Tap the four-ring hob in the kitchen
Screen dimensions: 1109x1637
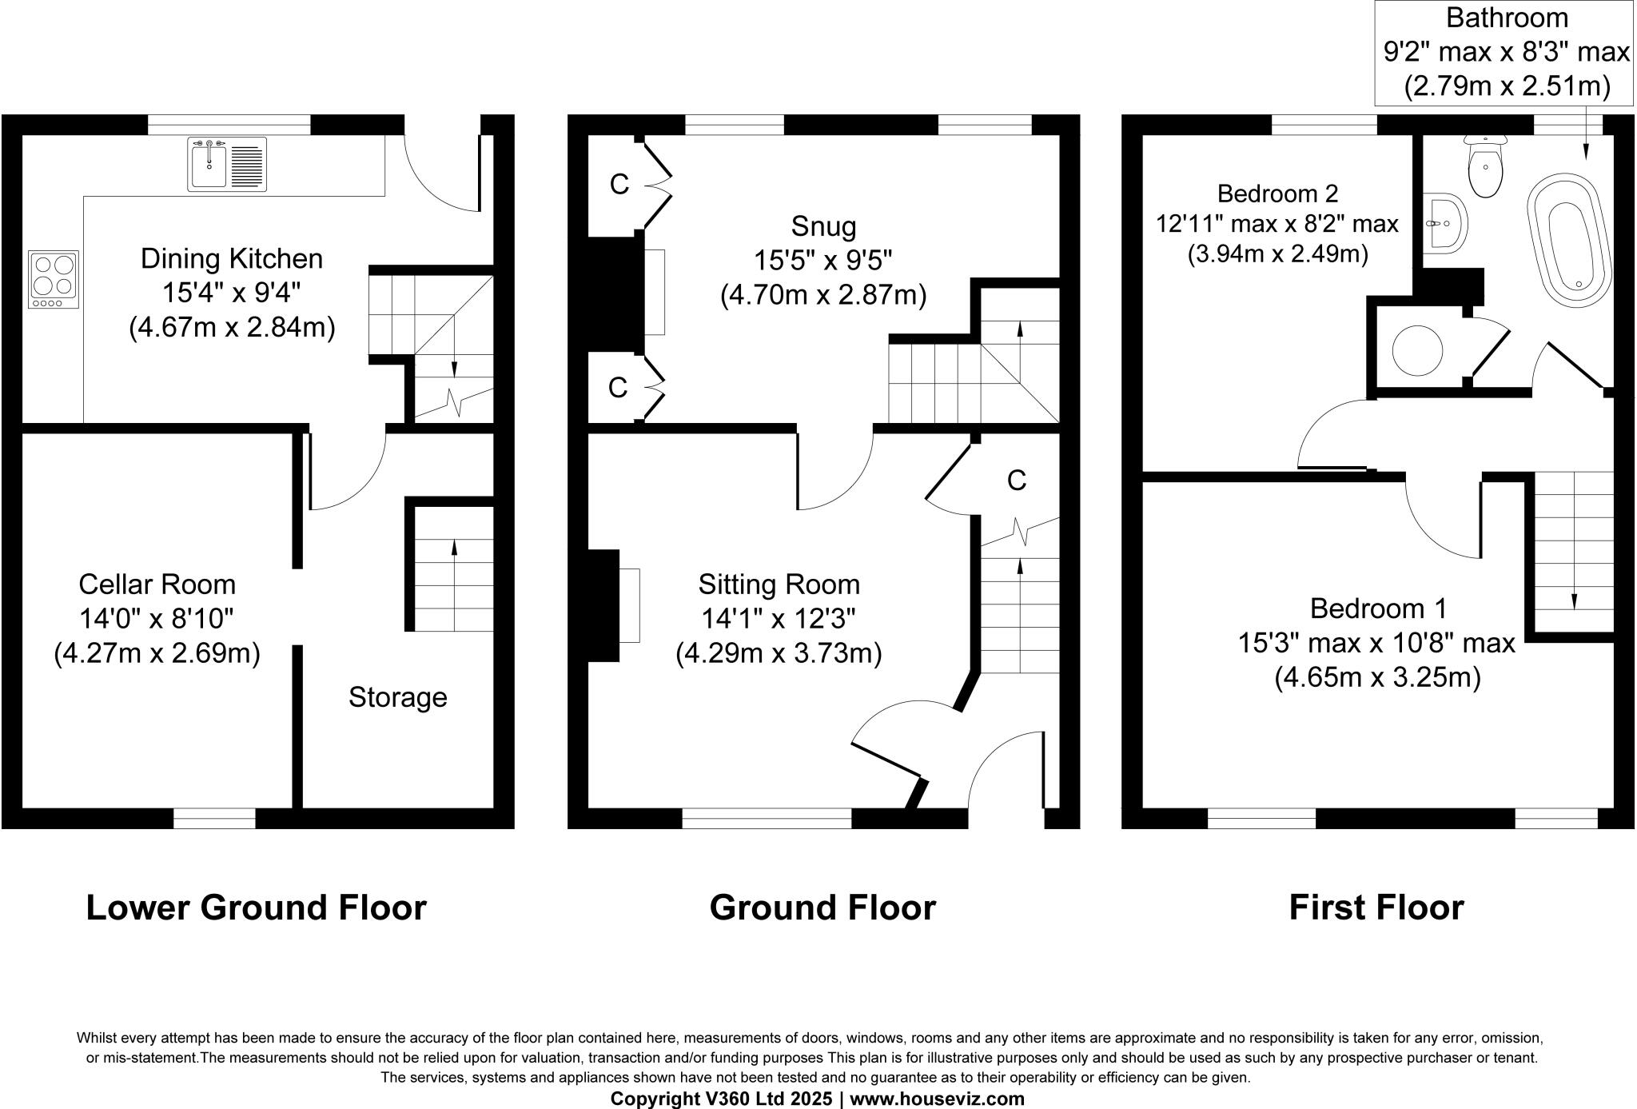[54, 279]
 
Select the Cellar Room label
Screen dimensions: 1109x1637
[157, 584]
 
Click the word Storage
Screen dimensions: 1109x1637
[397, 697]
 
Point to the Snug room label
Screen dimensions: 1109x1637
[823, 226]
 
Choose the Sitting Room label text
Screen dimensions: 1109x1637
[779, 584]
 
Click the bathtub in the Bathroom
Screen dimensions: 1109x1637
[1567, 240]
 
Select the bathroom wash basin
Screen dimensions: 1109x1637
[1444, 223]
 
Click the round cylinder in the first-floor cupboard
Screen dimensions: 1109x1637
[1417, 350]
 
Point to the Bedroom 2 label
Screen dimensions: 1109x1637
[1277, 193]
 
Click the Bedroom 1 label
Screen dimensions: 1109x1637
[1378, 608]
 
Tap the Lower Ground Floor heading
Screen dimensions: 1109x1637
[256, 908]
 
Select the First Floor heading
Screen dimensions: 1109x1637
[1376, 908]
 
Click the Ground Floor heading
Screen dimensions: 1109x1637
[822, 908]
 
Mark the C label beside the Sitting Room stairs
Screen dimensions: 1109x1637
[1016, 481]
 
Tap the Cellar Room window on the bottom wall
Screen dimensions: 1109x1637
[214, 818]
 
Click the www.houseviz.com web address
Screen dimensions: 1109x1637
[937, 1099]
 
